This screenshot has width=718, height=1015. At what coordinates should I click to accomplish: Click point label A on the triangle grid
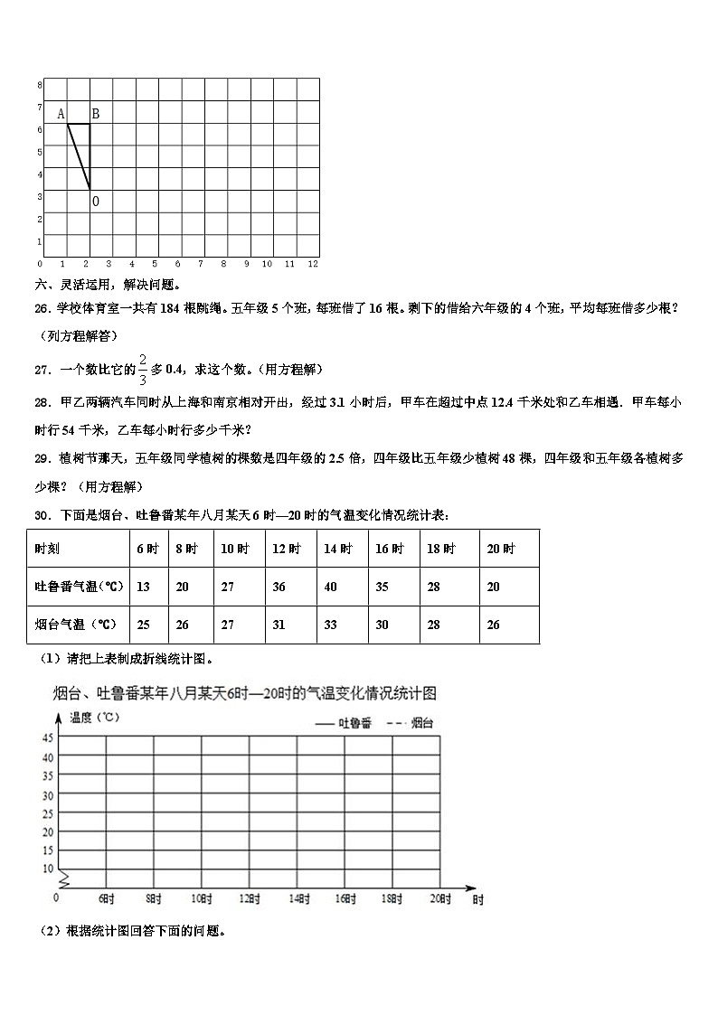pos(61,114)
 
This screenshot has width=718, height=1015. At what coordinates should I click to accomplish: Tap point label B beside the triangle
pos(95,114)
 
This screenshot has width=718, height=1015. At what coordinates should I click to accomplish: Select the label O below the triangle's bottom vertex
pos(96,202)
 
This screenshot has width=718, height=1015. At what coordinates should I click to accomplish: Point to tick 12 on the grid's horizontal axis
pos(313,264)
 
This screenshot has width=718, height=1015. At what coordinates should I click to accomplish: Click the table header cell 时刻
pos(48,549)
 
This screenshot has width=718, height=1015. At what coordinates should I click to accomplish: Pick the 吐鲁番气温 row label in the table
pos(79,587)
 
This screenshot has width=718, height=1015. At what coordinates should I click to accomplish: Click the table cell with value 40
pos(330,587)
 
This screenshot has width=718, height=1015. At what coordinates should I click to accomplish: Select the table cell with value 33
pos(330,625)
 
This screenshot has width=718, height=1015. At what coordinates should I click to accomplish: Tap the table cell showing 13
pos(143,587)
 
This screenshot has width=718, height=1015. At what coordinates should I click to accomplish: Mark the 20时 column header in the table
pos(500,549)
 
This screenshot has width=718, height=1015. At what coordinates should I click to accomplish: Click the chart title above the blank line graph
pos(244,693)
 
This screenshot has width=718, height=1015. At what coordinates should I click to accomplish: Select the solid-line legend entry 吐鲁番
pos(343,722)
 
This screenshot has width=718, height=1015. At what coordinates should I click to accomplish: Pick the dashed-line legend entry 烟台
pos(410,722)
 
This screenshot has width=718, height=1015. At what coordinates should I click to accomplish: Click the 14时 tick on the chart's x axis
pos(297,898)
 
